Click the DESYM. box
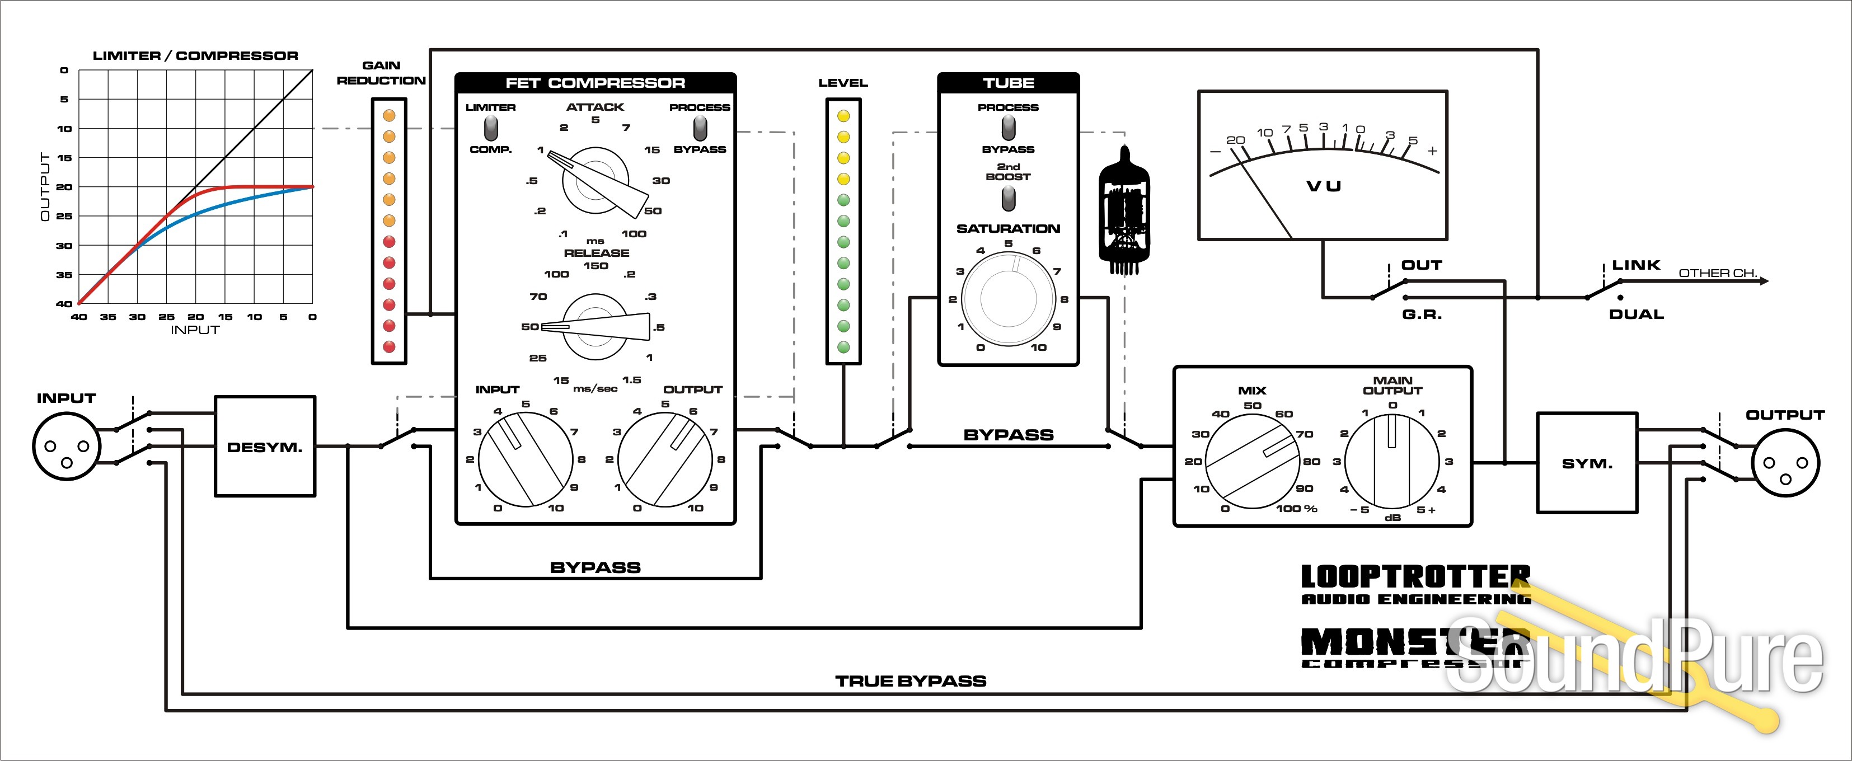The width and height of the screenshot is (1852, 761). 265,447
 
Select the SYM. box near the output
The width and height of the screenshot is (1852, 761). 1587,463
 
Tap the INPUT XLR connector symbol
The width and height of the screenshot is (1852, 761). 66,447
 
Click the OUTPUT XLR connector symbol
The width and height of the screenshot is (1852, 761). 1786,463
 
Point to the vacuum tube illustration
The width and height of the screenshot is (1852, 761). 1124,210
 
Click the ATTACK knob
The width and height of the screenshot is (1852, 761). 596,180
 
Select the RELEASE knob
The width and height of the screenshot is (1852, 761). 596,327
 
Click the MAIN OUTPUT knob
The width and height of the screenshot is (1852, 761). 1392,461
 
